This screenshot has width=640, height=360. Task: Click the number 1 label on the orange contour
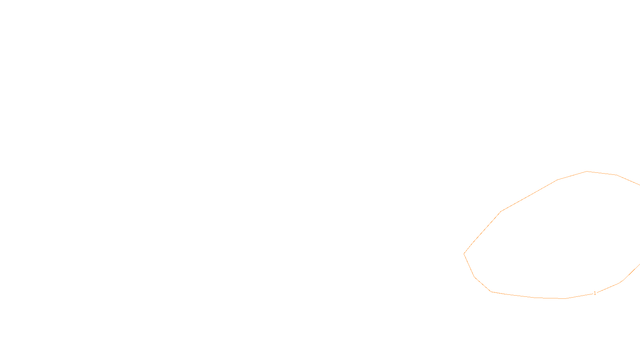click(595, 293)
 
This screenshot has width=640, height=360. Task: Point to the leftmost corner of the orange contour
click(464, 254)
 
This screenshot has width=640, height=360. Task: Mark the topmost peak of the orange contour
click(587, 171)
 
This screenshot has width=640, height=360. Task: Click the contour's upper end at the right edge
click(639, 185)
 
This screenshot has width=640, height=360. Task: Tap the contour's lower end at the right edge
click(639, 264)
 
